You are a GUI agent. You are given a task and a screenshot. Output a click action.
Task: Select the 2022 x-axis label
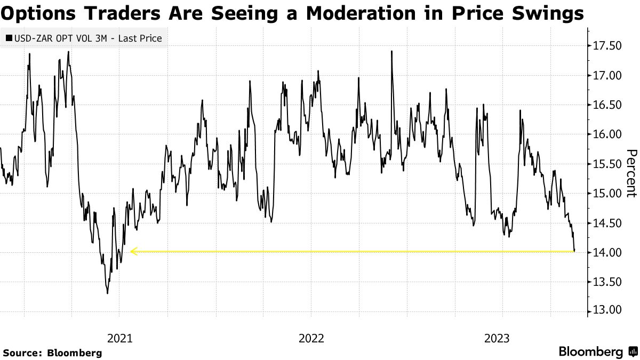coord(311,338)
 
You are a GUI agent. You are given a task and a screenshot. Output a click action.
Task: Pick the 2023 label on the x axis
coord(497,338)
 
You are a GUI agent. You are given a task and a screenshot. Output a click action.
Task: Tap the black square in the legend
coord(9,38)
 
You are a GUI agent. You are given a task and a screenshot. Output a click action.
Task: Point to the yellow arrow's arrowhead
coord(132,251)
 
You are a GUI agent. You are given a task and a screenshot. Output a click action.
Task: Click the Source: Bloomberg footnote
coord(52,353)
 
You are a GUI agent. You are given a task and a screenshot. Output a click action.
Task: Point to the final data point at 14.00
coord(574,251)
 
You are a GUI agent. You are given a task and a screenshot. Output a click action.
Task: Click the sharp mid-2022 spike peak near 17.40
coord(392,51)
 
